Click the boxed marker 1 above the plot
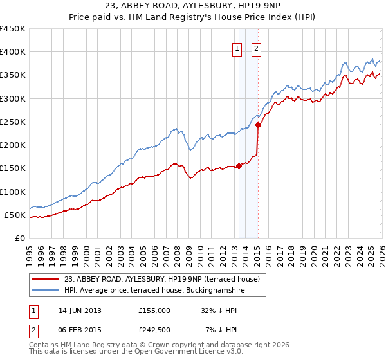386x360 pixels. coord(237,48)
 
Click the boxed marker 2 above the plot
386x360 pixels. coord(256,48)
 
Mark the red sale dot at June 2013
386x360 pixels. coord(239,166)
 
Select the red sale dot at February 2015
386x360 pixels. coord(257,125)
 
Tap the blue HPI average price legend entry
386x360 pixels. coord(154,291)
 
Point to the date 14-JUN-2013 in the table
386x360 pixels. coord(80,310)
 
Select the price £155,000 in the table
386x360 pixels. coord(154,310)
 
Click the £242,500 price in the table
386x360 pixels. coord(154,329)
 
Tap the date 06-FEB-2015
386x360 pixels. coord(80,329)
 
